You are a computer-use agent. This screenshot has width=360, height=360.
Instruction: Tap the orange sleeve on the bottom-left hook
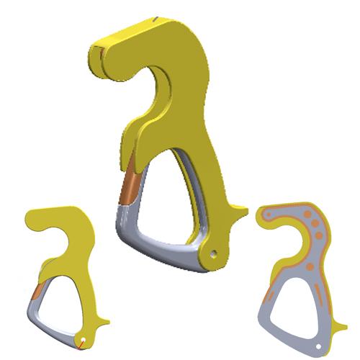coord(35,292)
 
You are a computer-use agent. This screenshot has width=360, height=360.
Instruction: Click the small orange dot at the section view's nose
coord(269,215)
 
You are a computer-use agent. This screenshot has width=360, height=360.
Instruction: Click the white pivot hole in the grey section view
coord(318,344)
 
